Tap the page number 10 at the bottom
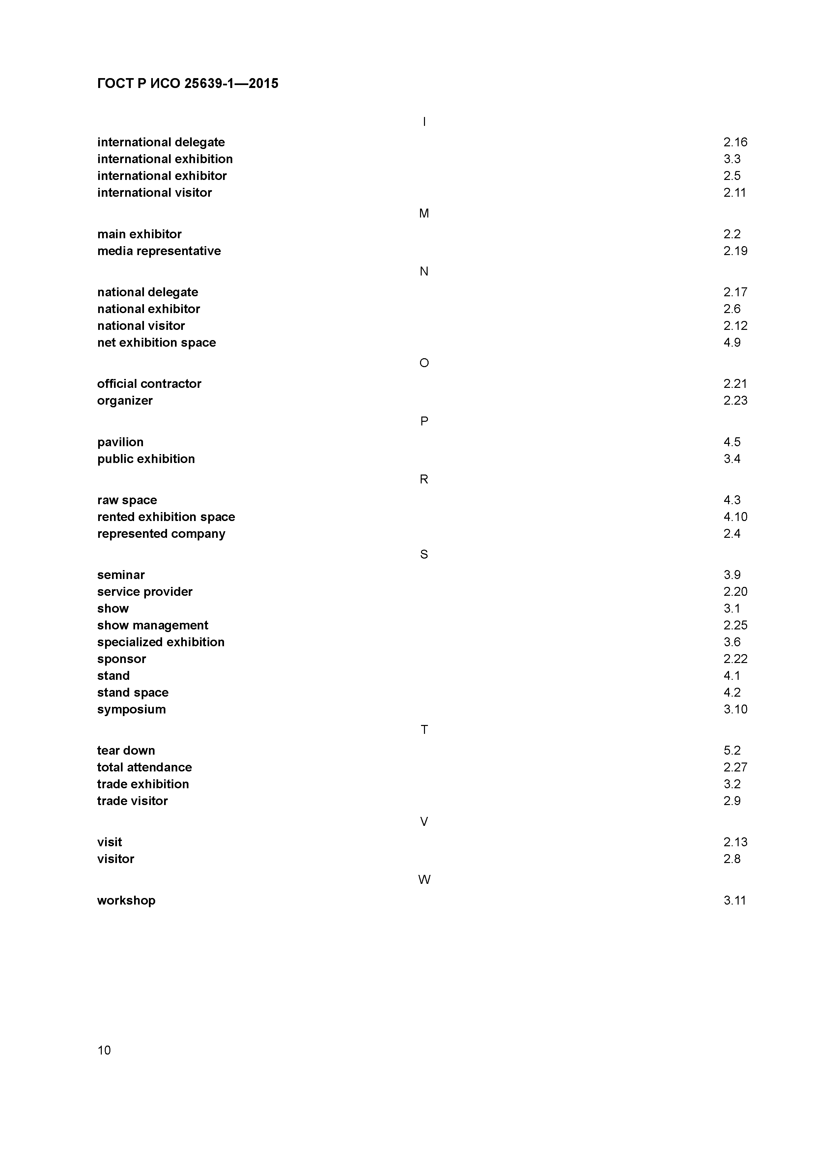[104, 1050]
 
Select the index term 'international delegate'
[161, 142]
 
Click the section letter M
[424, 214]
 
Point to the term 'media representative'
[159, 251]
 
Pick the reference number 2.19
[735, 251]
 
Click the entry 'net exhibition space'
[156, 343]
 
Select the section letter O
[424, 363]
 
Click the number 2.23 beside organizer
[735, 401]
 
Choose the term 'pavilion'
[120, 442]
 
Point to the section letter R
[424, 480]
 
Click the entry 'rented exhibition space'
[166, 517]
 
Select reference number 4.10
[735, 517]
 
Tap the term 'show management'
[153, 625]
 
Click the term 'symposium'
[131, 709]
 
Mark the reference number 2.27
[735, 767]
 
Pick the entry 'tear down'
[126, 751]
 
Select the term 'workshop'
[127, 901]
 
